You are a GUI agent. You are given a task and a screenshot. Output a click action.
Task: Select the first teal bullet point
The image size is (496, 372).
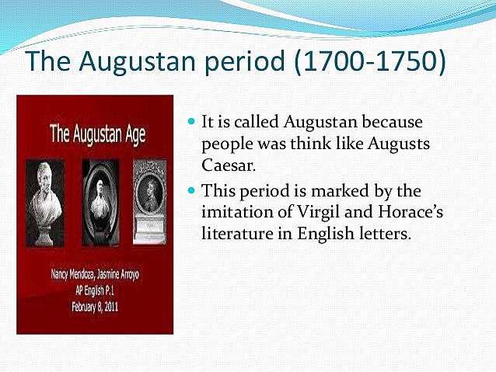(x=193, y=123)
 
